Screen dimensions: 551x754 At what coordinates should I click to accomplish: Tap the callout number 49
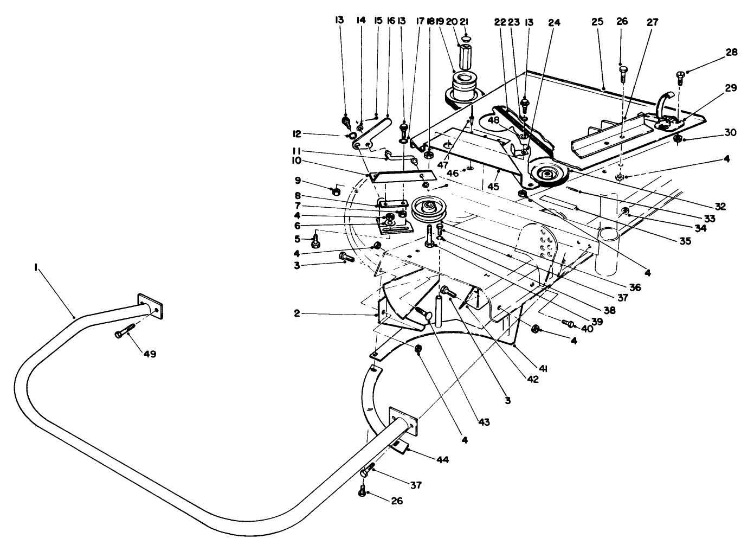point(150,354)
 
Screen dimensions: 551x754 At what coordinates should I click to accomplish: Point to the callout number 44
point(442,459)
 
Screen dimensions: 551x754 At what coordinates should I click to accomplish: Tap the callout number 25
point(597,23)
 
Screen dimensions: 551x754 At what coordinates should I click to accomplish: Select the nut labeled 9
point(336,191)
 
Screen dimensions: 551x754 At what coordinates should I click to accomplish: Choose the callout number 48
point(494,120)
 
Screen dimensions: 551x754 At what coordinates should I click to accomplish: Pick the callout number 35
point(685,241)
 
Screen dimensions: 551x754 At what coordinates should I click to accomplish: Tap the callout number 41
point(543,369)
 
